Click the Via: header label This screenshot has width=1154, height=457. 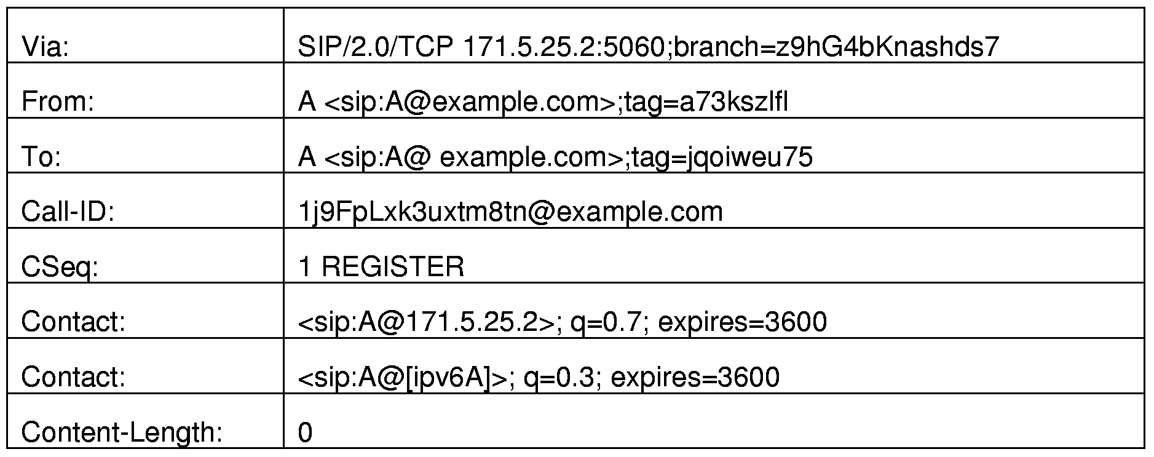(x=45, y=47)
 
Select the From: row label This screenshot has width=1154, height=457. (x=58, y=101)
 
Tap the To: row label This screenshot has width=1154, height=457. (x=41, y=157)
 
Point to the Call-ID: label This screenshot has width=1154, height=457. (x=68, y=212)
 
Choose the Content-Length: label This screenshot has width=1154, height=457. (x=122, y=432)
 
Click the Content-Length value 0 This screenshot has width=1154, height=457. (x=305, y=432)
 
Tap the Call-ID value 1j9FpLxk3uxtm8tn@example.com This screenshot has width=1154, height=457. (x=510, y=212)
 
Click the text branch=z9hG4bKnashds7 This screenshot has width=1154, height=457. (x=834, y=47)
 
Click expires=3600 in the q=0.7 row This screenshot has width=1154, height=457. (x=743, y=322)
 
